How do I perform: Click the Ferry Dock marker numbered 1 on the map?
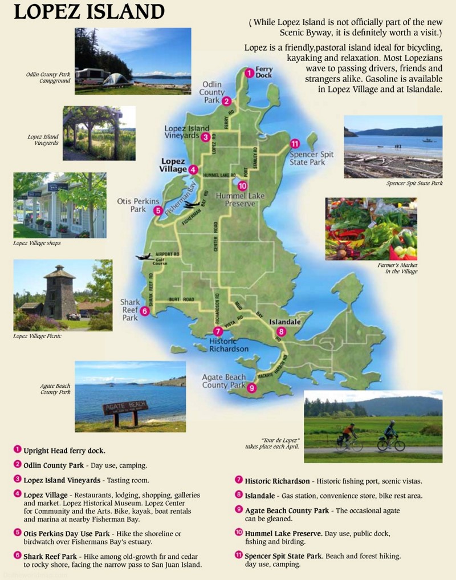(x=249, y=72)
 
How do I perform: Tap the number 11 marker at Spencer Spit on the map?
(x=294, y=144)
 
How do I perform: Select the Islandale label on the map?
(x=285, y=322)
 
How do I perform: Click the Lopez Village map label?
(x=174, y=165)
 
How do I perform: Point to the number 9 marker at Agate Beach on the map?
(x=252, y=389)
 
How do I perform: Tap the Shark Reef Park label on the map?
(x=129, y=310)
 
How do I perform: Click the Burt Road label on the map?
(x=181, y=299)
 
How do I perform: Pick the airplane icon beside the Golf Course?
(x=143, y=257)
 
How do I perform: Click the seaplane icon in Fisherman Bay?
(x=192, y=204)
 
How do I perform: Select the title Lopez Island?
(x=89, y=12)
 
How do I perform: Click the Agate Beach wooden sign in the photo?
(x=125, y=408)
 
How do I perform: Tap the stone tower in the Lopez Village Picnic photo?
(x=59, y=291)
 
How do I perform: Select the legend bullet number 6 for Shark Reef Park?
(x=18, y=555)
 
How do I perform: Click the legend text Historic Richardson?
(x=278, y=481)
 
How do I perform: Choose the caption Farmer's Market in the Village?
(x=397, y=268)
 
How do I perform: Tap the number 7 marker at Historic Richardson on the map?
(x=217, y=331)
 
